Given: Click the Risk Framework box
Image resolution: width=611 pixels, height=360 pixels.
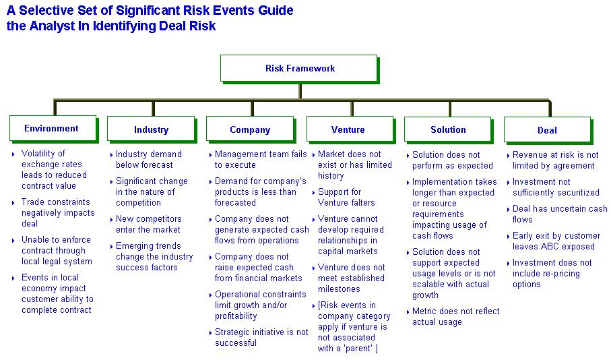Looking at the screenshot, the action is point(299,69).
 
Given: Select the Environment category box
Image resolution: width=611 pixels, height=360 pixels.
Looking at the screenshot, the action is point(53,129).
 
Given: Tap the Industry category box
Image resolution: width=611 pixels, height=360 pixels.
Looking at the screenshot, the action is point(152,129).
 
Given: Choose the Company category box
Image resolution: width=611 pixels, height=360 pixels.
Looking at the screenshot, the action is point(251,129).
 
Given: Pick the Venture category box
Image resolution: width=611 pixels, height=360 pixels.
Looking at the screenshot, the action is point(350,129).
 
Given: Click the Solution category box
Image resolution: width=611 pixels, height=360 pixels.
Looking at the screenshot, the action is point(449,130).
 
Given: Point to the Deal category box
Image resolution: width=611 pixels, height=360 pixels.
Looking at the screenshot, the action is point(548,130).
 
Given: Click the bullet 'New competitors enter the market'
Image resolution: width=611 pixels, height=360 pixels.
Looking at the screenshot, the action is point(148,224).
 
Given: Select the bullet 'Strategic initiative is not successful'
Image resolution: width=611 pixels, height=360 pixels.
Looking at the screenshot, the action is point(261,337).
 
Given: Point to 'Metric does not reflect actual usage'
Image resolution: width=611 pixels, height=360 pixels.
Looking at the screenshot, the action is point(455,316).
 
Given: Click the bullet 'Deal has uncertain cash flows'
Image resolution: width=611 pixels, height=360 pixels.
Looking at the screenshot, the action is point(560,214).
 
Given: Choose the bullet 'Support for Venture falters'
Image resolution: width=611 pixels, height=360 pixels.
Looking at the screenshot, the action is point(346,197).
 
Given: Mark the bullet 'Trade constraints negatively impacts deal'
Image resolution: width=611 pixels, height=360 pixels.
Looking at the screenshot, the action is point(58,212).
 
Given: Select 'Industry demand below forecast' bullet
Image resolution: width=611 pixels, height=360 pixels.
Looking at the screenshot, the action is point(148,160).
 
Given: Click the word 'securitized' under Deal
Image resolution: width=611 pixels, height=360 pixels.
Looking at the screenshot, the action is point(574,193).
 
